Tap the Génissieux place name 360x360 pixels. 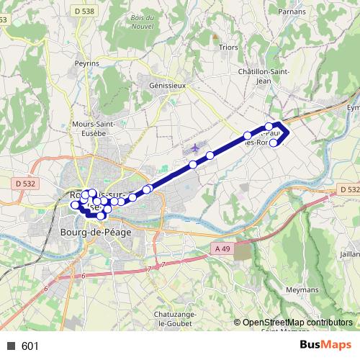[x=166, y=84]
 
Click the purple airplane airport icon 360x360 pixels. [x=194, y=148]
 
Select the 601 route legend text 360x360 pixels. [x=30, y=346]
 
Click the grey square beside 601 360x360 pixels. [x=11, y=346]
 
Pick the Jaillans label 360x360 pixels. [x=350, y=254]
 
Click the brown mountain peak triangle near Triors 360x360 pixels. [x=214, y=35]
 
